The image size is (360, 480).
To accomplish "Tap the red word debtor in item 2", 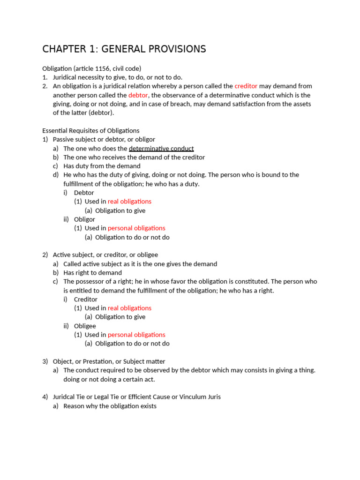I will (x=138, y=95).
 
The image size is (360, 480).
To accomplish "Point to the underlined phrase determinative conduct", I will (x=161, y=149).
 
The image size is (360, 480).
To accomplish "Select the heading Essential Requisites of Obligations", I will (x=90, y=131).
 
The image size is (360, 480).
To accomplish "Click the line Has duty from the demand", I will (x=102, y=166).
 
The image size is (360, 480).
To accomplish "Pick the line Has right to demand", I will (x=92, y=273).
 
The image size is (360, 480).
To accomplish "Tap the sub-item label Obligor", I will (x=84, y=219).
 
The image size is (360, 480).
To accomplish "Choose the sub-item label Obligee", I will (x=85, y=326).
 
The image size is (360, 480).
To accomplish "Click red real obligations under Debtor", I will (x=129, y=202).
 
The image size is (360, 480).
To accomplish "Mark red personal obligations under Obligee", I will (x=136, y=335).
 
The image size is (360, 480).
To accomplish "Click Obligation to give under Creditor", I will (x=120, y=317).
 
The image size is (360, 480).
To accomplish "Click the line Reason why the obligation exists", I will (x=110, y=406).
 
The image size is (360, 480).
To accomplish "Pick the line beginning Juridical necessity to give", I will (x=117, y=77).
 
